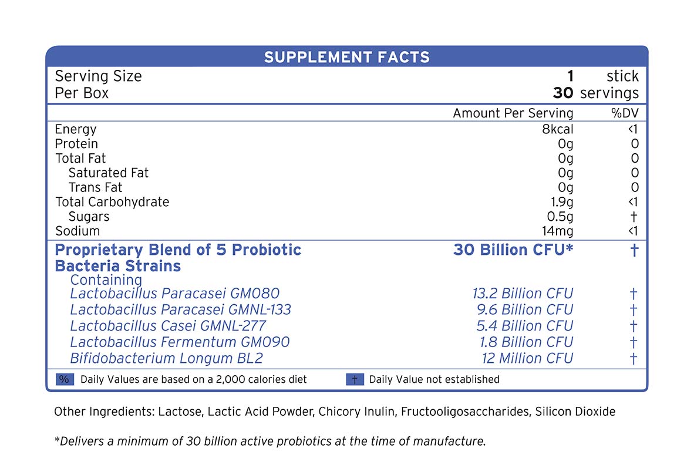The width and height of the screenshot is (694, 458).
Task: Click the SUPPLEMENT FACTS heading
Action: (346, 57)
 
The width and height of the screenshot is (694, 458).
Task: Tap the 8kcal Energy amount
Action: (557, 129)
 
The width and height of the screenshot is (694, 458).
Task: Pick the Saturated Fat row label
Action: (109, 173)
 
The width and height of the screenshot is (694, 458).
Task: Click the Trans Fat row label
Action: (96, 187)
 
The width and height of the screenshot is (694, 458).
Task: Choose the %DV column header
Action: (625, 113)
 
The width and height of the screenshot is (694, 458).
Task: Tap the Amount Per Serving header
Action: (513, 113)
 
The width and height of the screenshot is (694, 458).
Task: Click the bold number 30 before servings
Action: (563, 93)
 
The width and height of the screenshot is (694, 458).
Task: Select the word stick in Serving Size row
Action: (622, 76)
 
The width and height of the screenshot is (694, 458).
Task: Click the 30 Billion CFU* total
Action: (513, 250)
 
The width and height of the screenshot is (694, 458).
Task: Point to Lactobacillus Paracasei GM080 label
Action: (175, 293)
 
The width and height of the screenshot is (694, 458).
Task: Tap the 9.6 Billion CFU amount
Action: (524, 309)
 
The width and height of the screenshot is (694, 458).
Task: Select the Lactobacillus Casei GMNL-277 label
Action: (168, 325)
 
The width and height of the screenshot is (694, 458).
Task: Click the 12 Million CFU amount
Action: (527, 358)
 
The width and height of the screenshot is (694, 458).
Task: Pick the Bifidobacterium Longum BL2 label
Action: (166, 358)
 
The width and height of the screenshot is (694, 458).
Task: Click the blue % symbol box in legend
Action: (64, 379)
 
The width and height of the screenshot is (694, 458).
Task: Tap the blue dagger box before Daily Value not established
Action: (355, 379)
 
